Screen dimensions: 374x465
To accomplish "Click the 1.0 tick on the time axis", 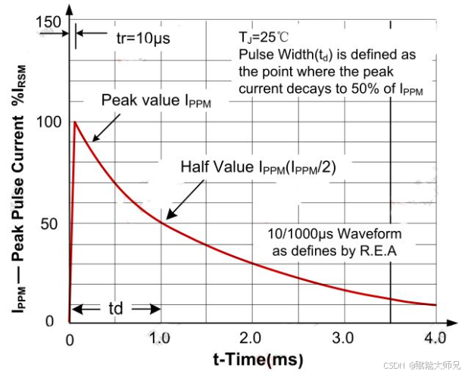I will (x=159, y=336).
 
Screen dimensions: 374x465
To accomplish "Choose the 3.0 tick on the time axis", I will (x=343, y=336).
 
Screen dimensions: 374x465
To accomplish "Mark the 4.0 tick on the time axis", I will (x=435, y=336).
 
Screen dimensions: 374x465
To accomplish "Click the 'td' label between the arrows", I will (x=115, y=309).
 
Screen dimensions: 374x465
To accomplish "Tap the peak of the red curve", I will (x=74, y=121).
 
